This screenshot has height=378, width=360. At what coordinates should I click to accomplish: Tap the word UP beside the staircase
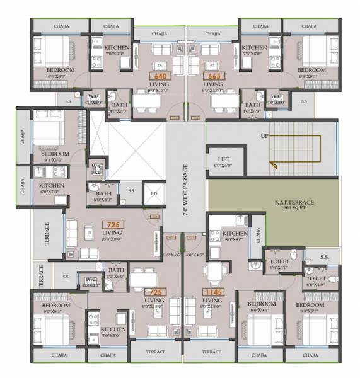pyautogui.click(x=265, y=136)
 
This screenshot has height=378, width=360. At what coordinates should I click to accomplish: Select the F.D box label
pyautogui.click(x=154, y=194)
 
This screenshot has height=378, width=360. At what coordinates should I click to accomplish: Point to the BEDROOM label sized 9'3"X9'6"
pyautogui.click(x=55, y=154)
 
